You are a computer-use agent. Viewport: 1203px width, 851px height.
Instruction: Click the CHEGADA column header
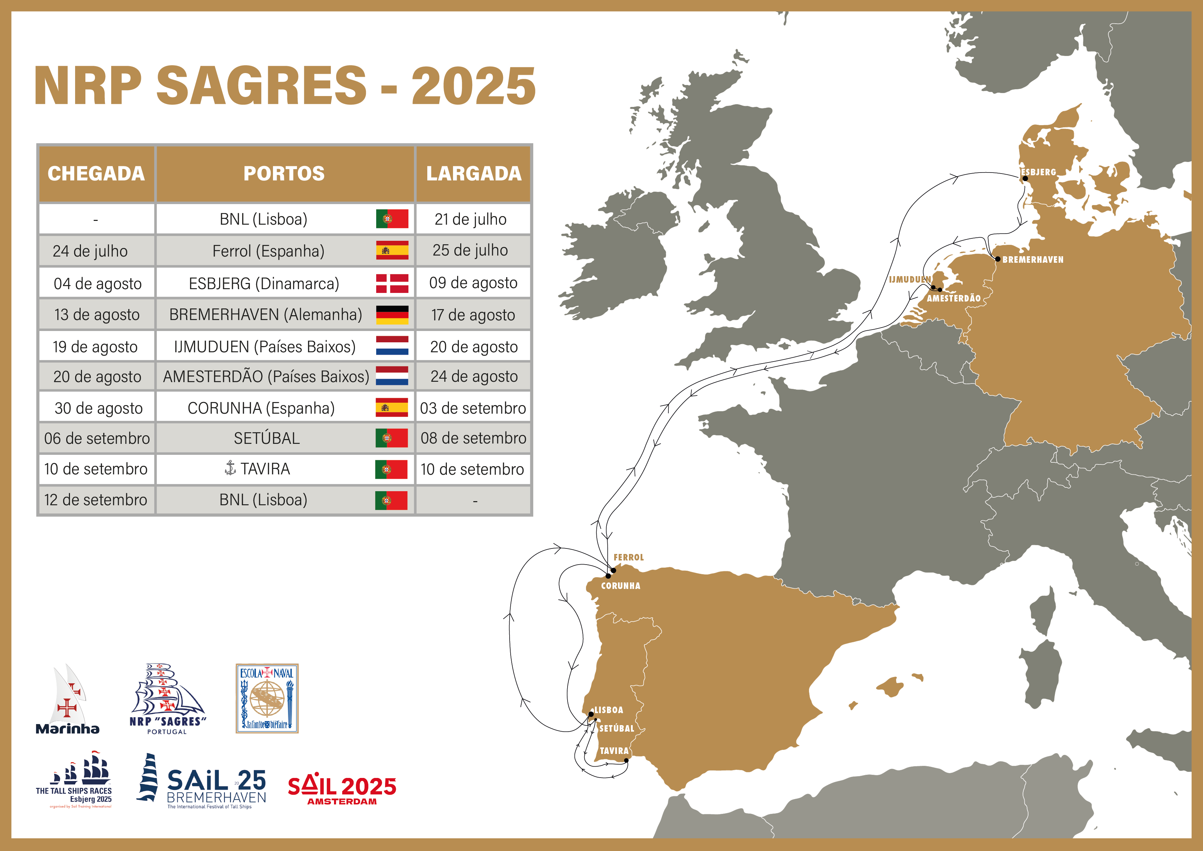tap(96, 174)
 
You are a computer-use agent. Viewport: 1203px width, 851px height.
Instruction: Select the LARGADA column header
tap(474, 174)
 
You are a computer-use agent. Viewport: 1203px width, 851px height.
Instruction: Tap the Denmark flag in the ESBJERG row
tap(392, 283)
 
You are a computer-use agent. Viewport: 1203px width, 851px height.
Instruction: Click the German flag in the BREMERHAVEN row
tap(392, 315)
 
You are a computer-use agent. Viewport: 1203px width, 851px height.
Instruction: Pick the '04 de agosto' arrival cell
tap(97, 283)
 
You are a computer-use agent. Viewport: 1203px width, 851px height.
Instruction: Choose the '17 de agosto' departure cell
tap(473, 315)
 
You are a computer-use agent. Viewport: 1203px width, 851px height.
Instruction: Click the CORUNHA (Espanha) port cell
tap(261, 408)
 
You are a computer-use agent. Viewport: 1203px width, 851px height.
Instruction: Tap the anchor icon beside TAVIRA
tap(230, 468)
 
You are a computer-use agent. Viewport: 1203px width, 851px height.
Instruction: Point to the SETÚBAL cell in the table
tap(267, 438)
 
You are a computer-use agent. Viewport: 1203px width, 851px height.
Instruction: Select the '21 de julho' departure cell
tap(471, 219)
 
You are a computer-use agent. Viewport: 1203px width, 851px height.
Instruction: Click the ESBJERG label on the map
tap(1038, 172)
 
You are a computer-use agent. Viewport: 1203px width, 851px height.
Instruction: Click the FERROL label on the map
tap(628, 557)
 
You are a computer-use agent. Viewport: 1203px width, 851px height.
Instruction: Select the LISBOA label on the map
tap(608, 710)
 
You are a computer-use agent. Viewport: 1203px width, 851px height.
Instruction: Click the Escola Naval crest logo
tap(267, 698)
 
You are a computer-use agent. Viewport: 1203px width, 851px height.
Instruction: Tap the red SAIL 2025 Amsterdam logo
tap(342, 789)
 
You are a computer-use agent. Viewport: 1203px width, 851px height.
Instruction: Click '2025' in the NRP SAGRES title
tap(473, 86)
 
